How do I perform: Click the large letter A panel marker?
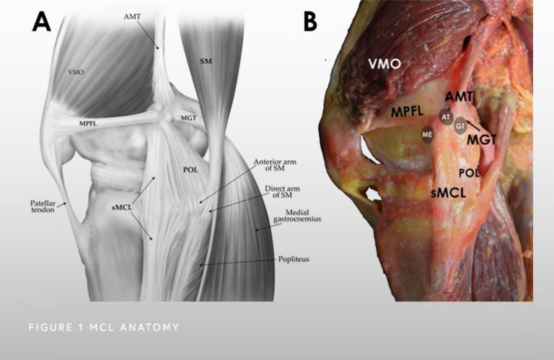point(41,22)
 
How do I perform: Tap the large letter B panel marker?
point(310,21)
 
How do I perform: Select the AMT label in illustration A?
point(132,17)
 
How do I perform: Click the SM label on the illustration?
point(206,61)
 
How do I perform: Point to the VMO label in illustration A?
point(76,72)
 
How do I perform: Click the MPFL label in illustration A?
point(88,123)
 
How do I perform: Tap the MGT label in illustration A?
point(188,118)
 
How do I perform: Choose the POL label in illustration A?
point(190,170)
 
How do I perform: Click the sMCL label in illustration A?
point(122,208)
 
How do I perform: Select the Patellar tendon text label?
point(43,206)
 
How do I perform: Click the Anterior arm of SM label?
point(275,165)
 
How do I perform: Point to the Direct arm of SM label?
point(282,192)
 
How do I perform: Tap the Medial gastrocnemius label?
point(297,216)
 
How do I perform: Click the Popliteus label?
point(294,259)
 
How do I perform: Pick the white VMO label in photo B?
point(384,64)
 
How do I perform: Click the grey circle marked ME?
point(427,134)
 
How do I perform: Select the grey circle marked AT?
point(446,117)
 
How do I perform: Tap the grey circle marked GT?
point(460,126)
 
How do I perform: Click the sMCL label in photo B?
point(449,193)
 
